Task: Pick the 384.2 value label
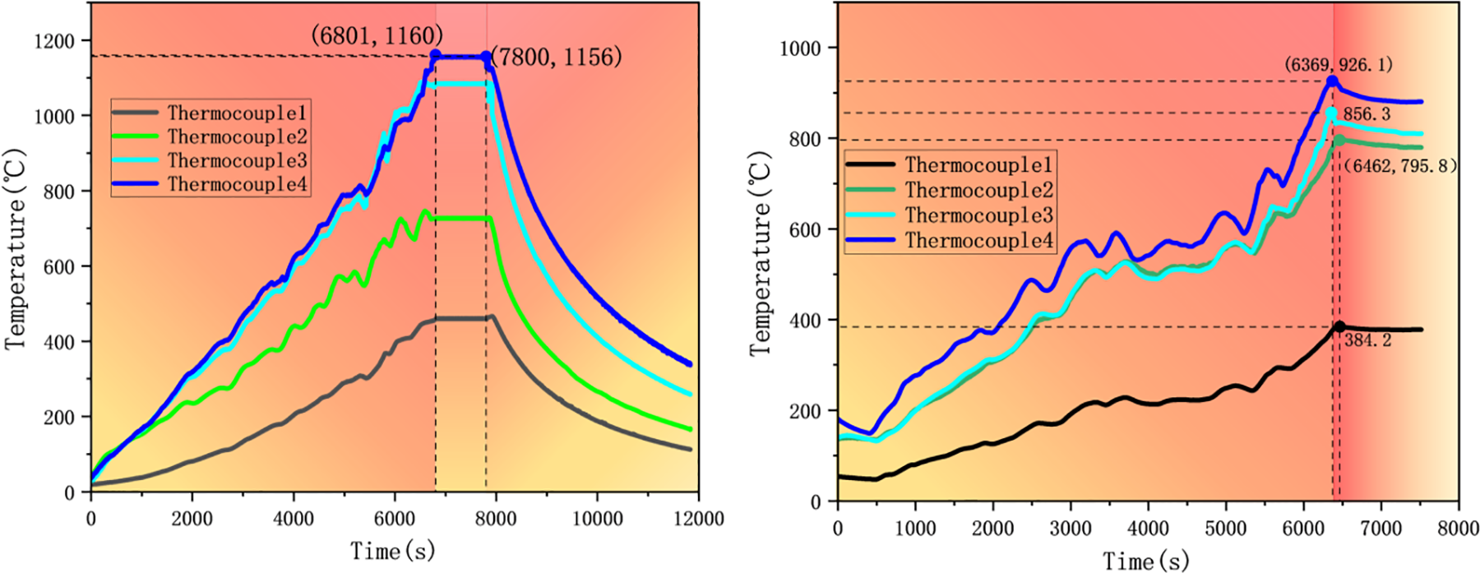point(1368,340)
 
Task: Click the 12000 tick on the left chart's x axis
point(698,519)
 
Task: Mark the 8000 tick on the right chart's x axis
point(1458,529)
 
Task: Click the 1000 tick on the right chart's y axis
point(800,49)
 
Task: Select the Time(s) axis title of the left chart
point(392,551)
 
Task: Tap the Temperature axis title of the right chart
point(761,253)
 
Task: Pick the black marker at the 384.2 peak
point(1339,327)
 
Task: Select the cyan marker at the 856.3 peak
point(1331,113)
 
